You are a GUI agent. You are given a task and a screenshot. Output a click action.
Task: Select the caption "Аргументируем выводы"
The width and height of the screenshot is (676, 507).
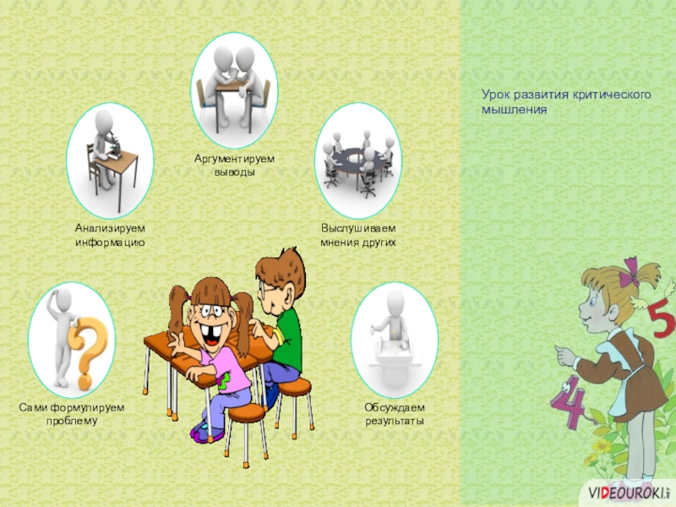click(234, 166)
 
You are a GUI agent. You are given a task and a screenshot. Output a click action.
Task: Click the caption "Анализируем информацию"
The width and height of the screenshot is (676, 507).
click(110, 235)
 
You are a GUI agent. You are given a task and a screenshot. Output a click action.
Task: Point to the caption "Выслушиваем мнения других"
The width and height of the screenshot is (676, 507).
click(358, 235)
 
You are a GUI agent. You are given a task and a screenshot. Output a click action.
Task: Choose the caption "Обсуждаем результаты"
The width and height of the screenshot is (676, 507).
click(395, 414)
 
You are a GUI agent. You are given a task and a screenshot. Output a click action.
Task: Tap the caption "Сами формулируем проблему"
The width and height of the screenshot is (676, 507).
click(72, 414)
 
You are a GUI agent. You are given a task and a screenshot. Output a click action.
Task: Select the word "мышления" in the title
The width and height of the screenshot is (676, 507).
click(514, 110)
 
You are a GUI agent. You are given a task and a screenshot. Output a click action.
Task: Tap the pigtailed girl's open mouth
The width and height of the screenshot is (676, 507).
click(212, 335)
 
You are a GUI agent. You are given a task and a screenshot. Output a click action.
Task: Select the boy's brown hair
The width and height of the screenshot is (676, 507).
click(281, 270)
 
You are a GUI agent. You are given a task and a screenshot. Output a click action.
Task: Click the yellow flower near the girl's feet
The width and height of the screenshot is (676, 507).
click(602, 446)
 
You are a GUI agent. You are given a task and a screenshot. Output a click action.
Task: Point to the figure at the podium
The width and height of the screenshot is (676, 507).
click(391, 320)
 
